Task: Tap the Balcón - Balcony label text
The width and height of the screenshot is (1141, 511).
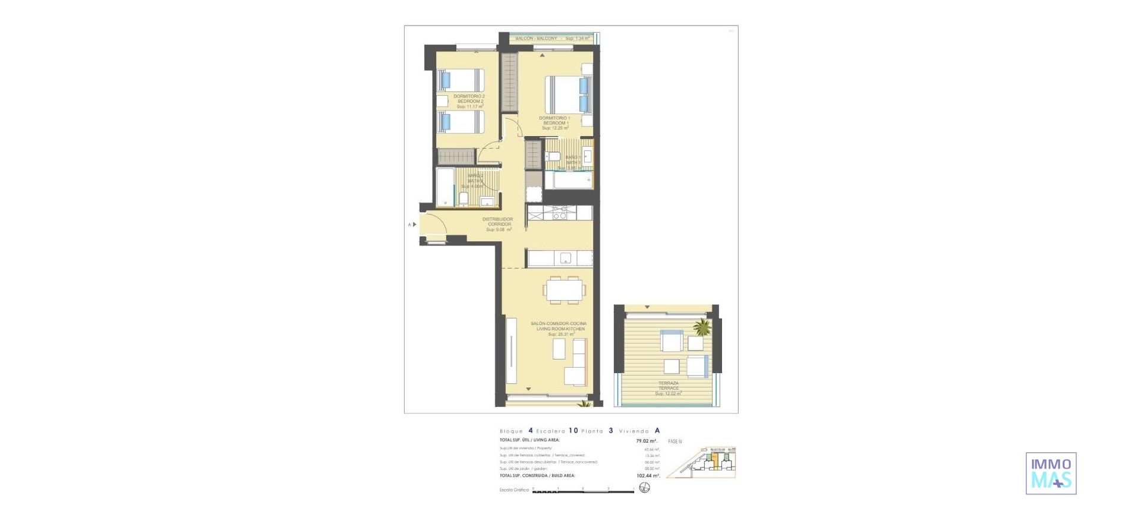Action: click(536, 38)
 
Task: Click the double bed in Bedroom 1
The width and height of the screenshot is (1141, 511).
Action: click(569, 94)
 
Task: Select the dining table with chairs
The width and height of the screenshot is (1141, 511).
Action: click(564, 289)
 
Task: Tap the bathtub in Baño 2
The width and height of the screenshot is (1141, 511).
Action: click(445, 187)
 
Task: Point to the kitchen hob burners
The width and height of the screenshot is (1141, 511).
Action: click(560, 213)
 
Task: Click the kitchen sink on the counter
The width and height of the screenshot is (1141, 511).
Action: click(566, 258)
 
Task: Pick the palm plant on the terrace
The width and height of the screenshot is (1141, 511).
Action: click(702, 327)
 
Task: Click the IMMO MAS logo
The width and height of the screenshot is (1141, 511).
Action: click(1051, 473)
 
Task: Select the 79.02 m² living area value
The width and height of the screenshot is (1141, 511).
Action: click(646, 441)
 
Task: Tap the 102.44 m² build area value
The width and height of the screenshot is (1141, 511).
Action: click(647, 475)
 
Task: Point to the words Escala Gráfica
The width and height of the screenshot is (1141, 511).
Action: click(514, 490)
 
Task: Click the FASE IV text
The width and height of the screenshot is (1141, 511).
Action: click(675, 441)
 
